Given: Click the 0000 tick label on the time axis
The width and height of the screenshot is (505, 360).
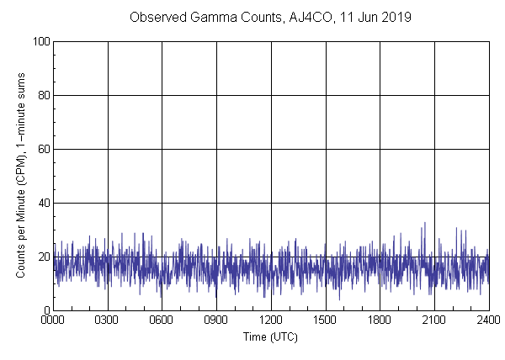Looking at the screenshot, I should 53,320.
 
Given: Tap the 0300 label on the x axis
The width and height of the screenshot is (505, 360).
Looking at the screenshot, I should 108,320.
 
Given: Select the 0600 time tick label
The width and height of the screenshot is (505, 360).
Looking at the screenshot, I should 162,320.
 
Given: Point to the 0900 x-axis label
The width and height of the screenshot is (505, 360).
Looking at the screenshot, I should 216,320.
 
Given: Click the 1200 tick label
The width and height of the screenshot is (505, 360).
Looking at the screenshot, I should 271,320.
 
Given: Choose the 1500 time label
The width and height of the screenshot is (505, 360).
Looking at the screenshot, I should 325,320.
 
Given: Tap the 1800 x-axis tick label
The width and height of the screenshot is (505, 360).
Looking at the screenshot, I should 380,320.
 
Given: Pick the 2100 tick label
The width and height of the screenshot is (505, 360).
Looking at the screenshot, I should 434,320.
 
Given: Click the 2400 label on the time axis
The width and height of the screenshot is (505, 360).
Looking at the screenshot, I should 488,320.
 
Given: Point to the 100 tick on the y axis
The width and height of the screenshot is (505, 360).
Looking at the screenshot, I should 40,41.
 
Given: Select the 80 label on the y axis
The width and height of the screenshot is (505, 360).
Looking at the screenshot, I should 43,95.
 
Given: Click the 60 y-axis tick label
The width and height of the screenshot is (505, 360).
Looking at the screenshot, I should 43,149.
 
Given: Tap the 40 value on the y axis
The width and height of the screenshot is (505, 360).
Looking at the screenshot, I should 43,203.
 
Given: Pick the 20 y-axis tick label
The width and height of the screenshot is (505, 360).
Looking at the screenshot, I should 43,257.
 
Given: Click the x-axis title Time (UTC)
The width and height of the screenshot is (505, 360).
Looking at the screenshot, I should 270,336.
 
